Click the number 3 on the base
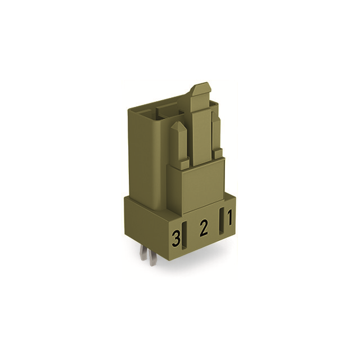pos(177,239)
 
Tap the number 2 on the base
pos(204,228)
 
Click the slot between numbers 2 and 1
pos(221,220)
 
